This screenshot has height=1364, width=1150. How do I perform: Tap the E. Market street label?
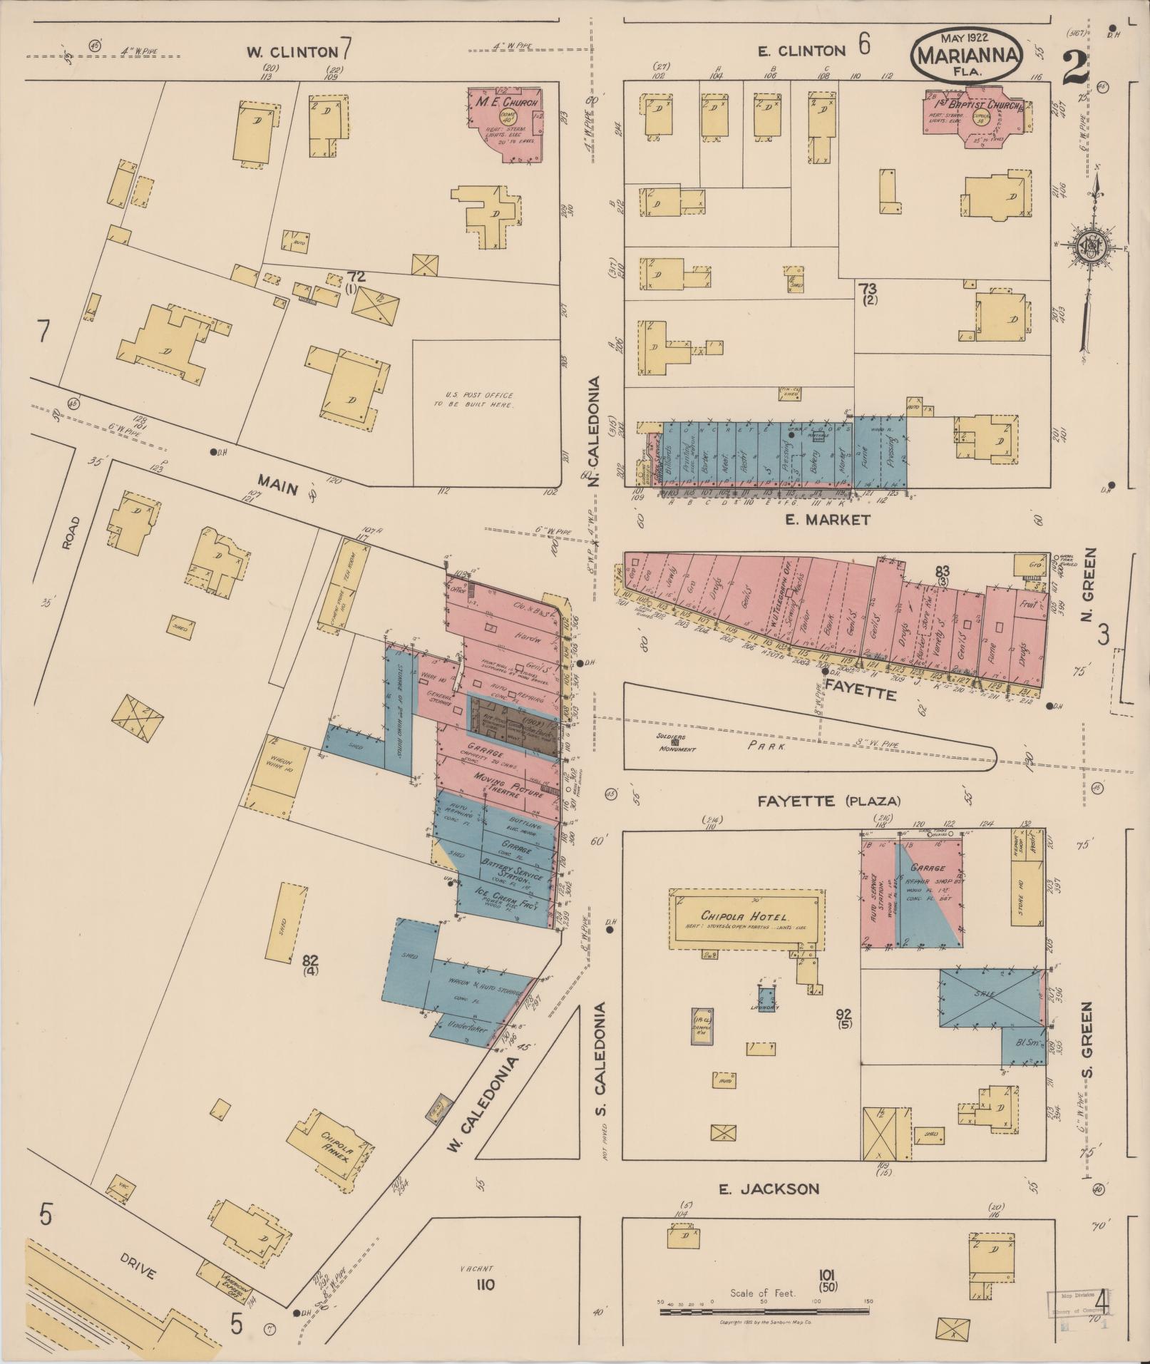[827, 520]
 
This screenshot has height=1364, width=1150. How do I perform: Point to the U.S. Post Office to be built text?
[474, 399]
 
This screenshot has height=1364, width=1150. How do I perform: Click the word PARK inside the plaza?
[766, 747]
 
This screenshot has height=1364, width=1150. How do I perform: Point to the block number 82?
[310, 960]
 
